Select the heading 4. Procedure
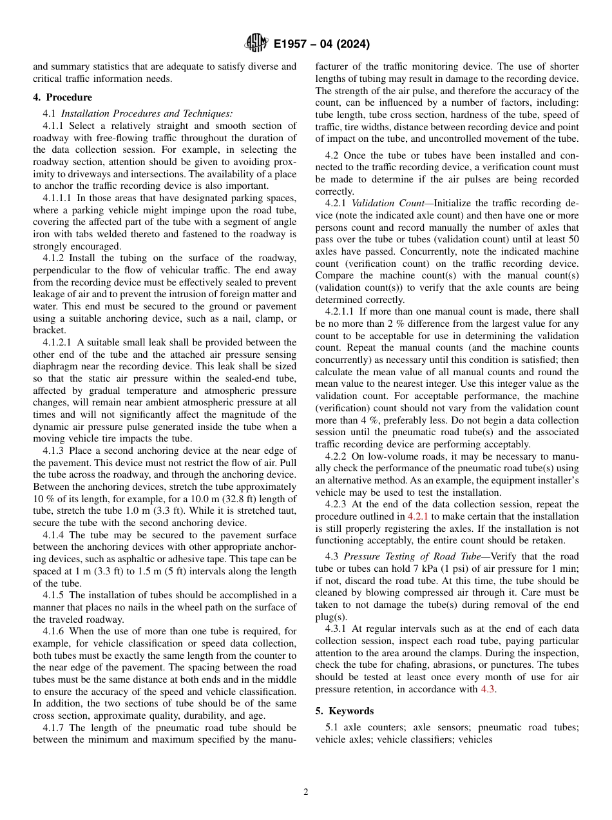pyautogui.click(x=62, y=97)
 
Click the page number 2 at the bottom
pyautogui.click(x=306, y=792)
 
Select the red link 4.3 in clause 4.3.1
pyautogui.click(x=488, y=689)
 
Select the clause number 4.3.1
pyautogui.click(x=335, y=629)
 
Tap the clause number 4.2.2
pyautogui.click(x=335, y=456)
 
